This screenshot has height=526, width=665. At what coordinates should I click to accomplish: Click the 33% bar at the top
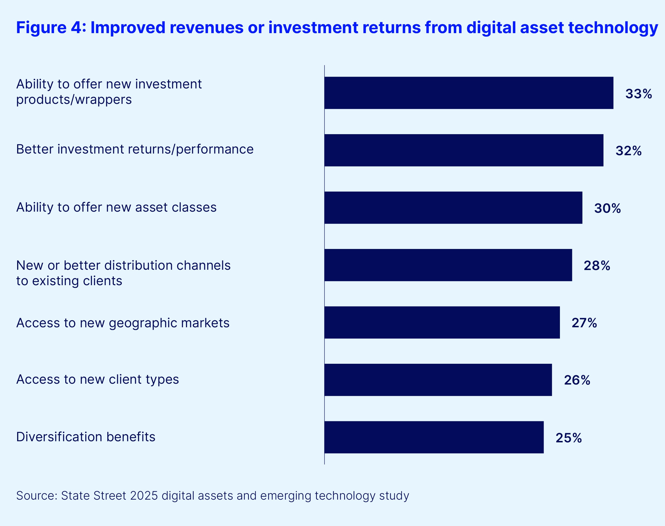coord(469,93)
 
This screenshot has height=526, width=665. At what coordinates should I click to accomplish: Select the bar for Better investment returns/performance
coord(464,150)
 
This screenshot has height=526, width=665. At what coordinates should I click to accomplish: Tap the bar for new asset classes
coord(453,208)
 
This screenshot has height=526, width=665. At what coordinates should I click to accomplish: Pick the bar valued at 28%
coord(448,265)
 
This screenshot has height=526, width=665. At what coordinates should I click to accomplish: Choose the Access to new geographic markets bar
coord(442,323)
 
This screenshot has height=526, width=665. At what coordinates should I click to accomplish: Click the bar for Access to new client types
coord(438,380)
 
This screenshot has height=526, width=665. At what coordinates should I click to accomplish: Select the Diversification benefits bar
coord(434,437)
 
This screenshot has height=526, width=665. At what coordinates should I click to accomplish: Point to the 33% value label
coord(639,94)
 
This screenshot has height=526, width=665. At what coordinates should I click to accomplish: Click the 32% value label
coord(628,151)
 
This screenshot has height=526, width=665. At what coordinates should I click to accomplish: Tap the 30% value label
coord(607,209)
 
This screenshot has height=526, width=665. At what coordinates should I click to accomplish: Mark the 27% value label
coord(584,323)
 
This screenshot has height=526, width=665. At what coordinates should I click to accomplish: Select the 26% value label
coord(577,380)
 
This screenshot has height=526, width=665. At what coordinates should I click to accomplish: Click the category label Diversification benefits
coord(86,437)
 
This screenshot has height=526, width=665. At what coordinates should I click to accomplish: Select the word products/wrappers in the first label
coord(74,100)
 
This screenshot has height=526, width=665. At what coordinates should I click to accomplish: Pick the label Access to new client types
coord(97,379)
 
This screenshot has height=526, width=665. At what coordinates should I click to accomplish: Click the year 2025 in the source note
coord(144,496)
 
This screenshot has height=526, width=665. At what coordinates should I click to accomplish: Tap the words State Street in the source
coord(94,496)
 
